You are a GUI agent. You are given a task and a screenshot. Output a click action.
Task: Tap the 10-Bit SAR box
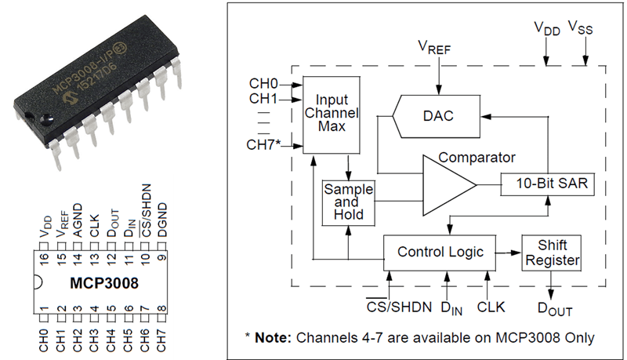click(547, 184)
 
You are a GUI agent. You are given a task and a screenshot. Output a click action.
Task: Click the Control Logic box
click(440, 253)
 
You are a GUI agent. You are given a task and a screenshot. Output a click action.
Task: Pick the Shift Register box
click(552, 253)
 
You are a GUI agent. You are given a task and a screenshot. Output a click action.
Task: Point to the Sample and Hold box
click(348, 203)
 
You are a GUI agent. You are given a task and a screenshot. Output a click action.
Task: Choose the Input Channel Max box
click(331, 115)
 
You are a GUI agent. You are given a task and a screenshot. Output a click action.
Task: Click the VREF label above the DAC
click(434, 47)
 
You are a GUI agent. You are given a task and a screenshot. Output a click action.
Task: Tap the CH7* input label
click(263, 145)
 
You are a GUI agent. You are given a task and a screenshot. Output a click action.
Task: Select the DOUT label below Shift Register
click(555, 309)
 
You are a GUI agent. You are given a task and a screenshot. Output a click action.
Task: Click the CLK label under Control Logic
click(491, 307)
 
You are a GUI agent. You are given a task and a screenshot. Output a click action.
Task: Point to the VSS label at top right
click(581, 27)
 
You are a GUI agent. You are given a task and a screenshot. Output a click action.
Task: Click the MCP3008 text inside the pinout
click(104, 283)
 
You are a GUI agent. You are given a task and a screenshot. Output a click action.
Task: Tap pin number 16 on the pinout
click(44, 258)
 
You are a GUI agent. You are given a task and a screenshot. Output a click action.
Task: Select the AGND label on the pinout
click(78, 220)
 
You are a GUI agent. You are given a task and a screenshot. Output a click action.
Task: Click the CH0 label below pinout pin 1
click(44, 340)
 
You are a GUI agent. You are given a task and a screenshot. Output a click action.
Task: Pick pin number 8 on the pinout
click(161, 308)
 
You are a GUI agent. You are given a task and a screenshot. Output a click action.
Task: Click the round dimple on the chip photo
click(46, 118)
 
